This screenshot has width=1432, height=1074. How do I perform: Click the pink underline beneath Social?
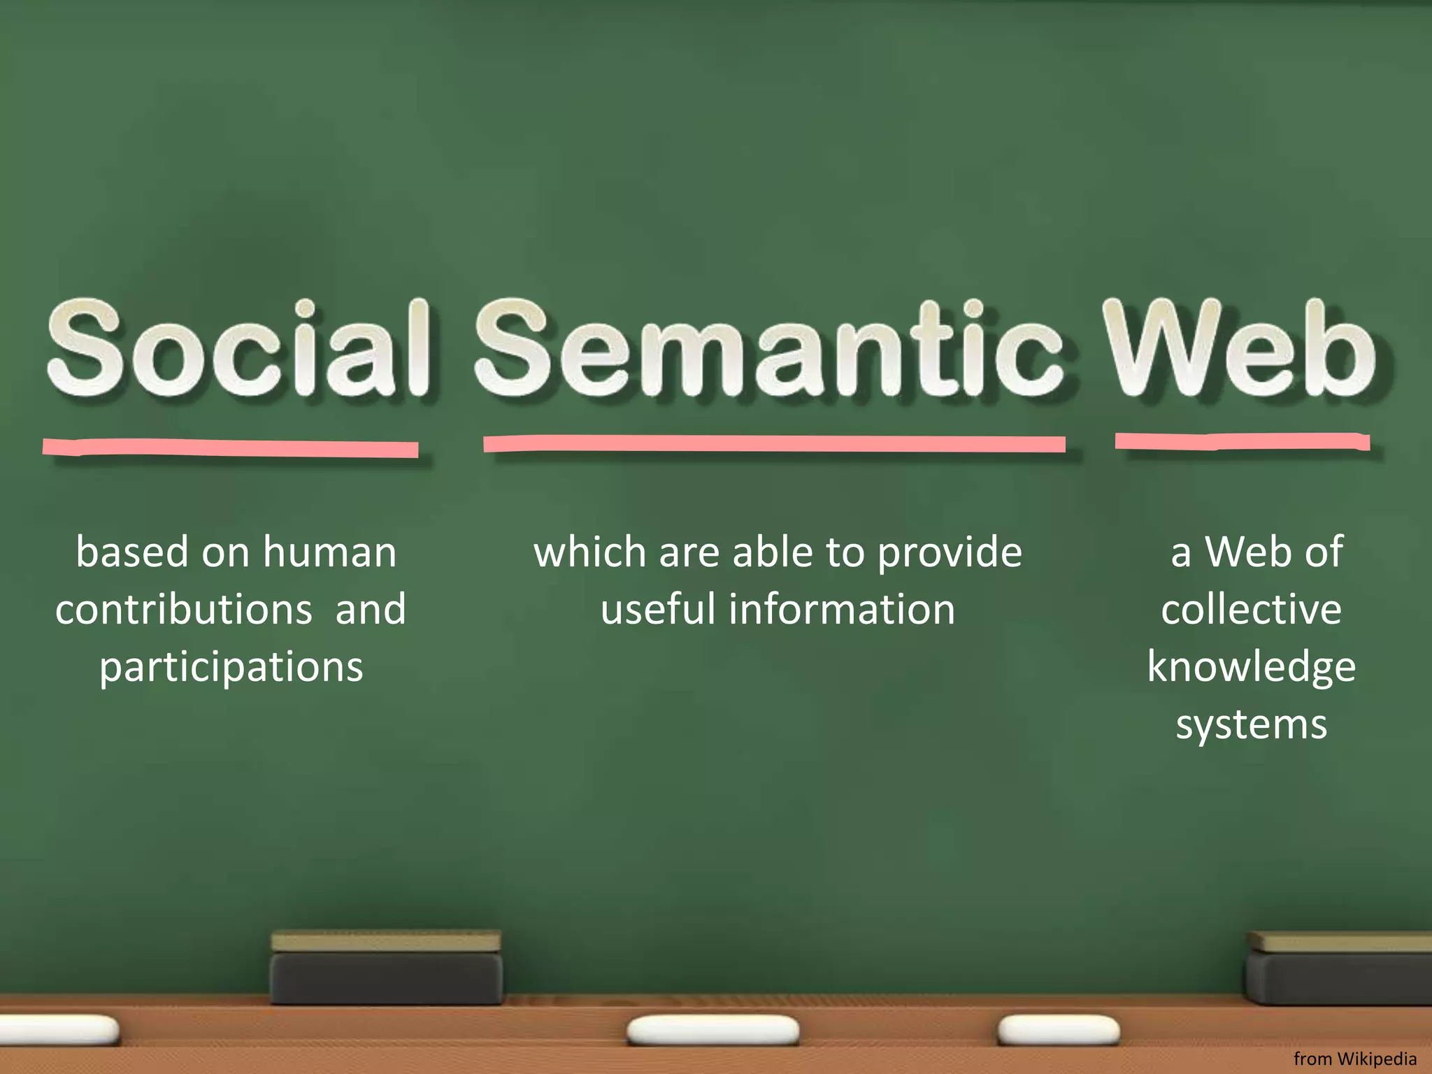(231, 447)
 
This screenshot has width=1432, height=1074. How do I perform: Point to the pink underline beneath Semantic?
(774, 444)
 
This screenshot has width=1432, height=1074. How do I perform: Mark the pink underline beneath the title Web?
(1242, 442)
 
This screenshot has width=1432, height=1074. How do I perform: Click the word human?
(329, 552)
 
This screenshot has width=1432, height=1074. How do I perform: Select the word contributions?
(183, 610)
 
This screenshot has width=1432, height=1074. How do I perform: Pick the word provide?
(950, 552)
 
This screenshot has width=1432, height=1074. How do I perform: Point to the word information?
(842, 610)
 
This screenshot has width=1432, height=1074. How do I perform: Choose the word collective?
(1252, 610)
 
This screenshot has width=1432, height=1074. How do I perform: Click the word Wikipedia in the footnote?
(1377, 1059)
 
